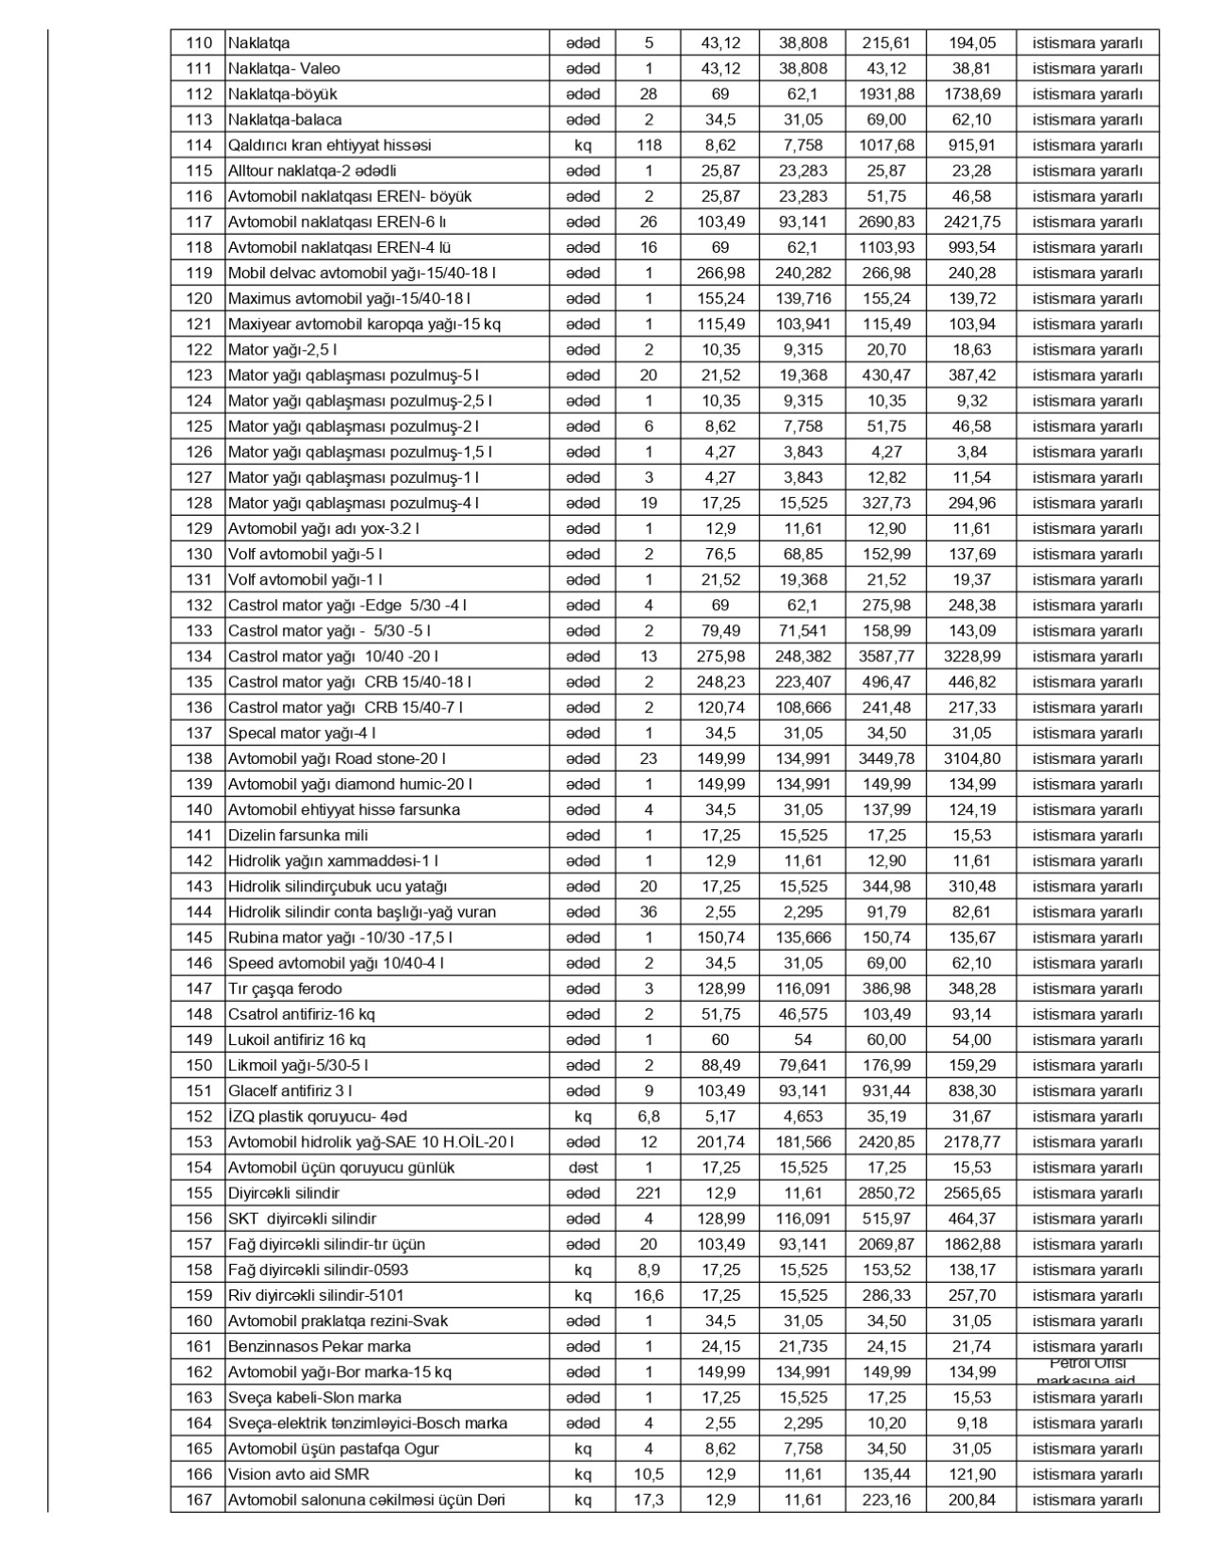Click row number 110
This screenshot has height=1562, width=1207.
pos(199,43)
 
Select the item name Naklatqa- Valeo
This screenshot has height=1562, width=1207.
pos(284,69)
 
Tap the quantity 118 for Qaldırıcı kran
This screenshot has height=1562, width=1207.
pos(649,145)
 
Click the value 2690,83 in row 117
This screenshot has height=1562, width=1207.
pos(886,223)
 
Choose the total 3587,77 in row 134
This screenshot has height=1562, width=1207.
pos(886,656)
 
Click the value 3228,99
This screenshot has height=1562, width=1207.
pos(972,656)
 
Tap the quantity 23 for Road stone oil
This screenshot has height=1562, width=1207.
pos(649,758)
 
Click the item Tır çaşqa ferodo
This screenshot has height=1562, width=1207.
pos(285,989)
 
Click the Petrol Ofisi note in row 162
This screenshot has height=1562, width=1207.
pos(1087,1371)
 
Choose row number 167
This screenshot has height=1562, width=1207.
pos(199,1500)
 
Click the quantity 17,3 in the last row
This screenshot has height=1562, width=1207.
pos(649,1500)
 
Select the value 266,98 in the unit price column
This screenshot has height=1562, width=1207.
pos(720,274)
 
